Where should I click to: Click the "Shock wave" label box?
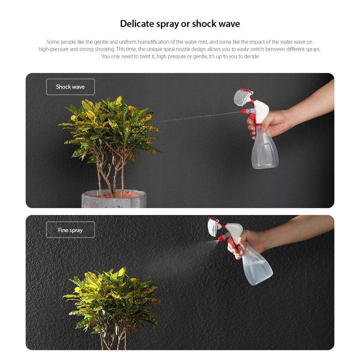click(x=70, y=87)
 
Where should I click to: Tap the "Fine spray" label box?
click(x=70, y=230)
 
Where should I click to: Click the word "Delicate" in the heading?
click(x=137, y=24)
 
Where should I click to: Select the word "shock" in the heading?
click(x=204, y=24)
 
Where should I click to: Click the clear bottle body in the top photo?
click(x=265, y=152)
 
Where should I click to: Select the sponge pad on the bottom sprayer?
click(x=212, y=228)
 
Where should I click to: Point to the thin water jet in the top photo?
click(x=197, y=117)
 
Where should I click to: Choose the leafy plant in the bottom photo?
click(x=112, y=299)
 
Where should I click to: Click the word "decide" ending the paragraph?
click(x=251, y=57)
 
